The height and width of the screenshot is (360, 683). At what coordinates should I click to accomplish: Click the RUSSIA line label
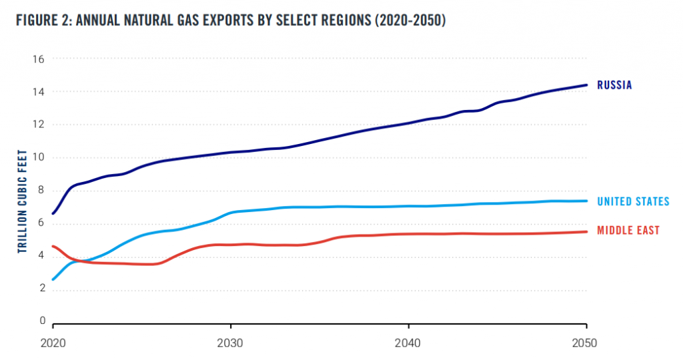(x=614, y=85)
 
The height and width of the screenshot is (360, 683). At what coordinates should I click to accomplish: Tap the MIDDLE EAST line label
(x=628, y=231)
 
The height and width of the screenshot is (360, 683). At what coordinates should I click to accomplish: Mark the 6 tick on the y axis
(x=41, y=223)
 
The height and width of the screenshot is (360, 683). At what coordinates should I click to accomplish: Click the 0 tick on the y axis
(x=41, y=321)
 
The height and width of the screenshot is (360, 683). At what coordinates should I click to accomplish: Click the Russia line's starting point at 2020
(x=53, y=213)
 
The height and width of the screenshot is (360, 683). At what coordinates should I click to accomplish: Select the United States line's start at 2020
(x=53, y=279)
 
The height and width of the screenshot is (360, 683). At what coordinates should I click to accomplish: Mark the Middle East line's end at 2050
(x=586, y=231)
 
